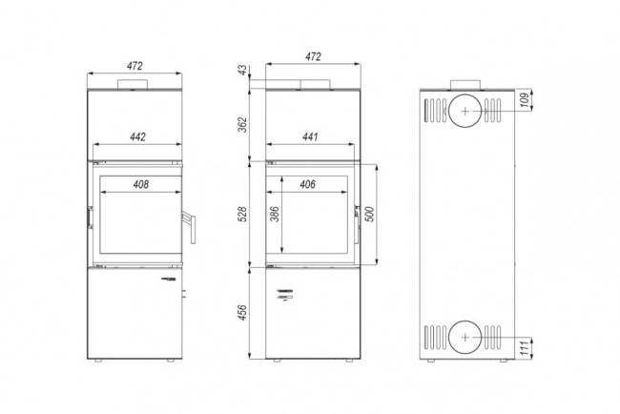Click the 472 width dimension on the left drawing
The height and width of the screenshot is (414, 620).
coord(134,66)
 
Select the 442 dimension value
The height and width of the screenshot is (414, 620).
coord(137,137)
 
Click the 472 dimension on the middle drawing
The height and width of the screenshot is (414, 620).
coord(313,57)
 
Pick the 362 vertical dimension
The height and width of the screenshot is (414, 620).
coord(242,124)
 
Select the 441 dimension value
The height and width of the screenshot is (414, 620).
coord(310,137)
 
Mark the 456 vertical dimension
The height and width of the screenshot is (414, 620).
coord(242,314)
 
